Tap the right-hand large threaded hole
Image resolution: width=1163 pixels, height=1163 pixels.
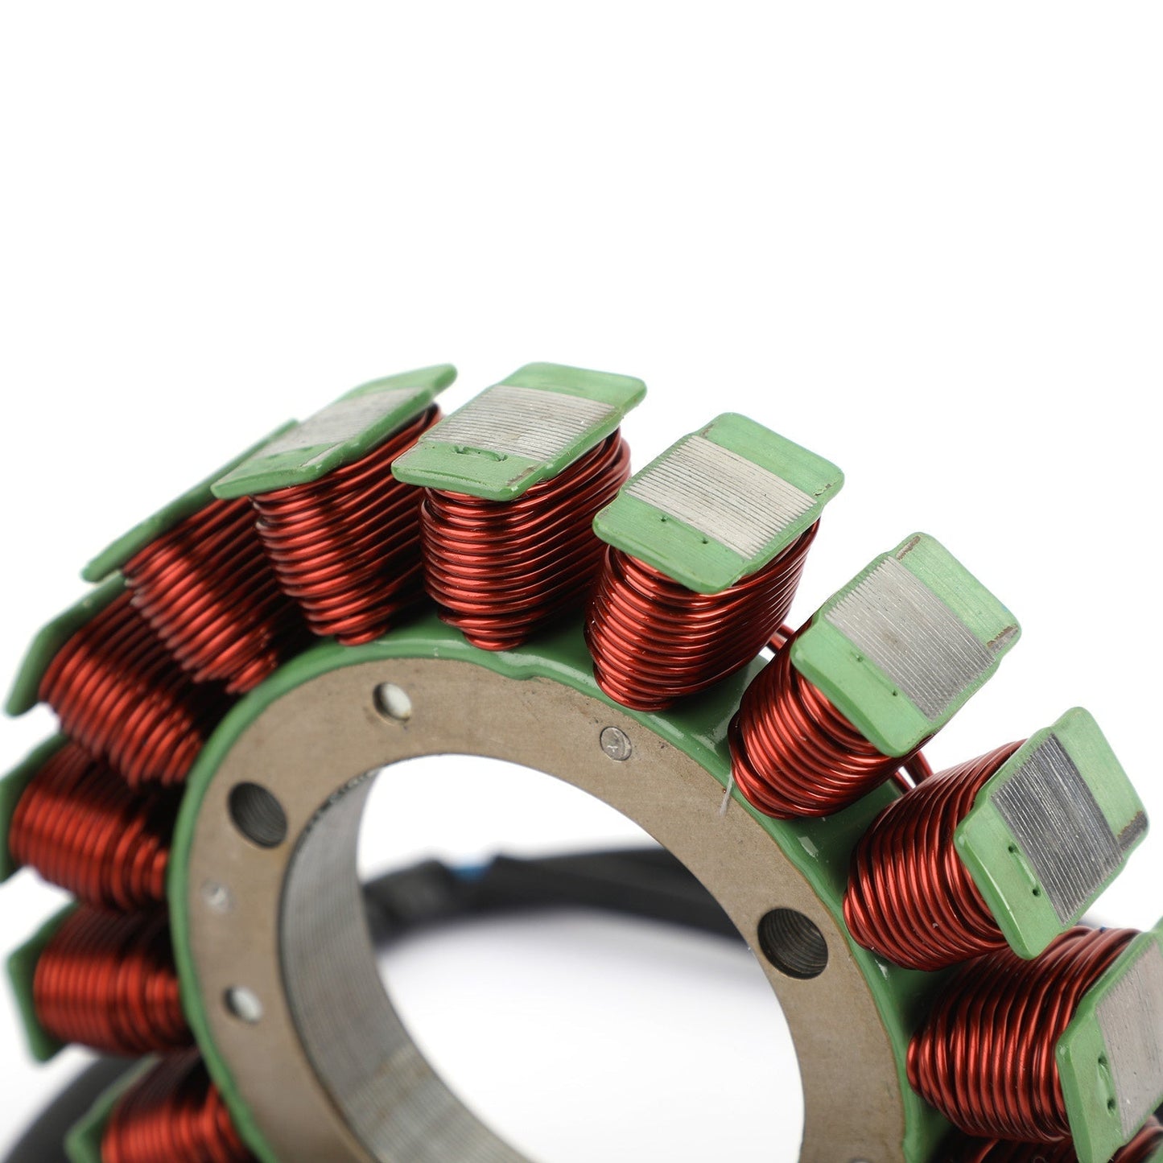point(792,942)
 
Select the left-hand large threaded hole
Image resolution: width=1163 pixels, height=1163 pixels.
point(258,814)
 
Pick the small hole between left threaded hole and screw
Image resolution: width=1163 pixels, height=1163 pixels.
point(393,702)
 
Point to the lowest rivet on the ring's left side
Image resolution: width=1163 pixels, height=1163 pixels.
point(242,1004)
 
